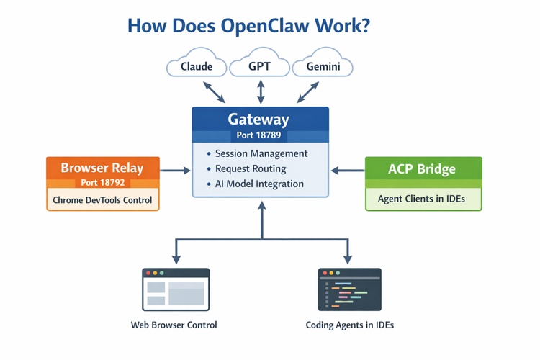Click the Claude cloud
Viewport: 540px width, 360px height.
click(x=197, y=66)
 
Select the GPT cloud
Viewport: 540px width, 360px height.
click(x=259, y=66)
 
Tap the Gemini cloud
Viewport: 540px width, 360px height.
click(x=323, y=66)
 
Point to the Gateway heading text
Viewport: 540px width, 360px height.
click(x=258, y=119)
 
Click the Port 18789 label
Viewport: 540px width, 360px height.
click(x=258, y=135)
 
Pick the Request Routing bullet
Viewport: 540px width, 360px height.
click(x=251, y=168)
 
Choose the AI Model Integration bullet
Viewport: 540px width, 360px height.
click(x=259, y=184)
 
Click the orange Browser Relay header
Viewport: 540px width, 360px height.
click(x=102, y=168)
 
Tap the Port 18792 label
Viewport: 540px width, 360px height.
click(x=102, y=183)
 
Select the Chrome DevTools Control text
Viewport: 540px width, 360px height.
click(x=103, y=199)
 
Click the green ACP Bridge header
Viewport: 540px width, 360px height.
click(x=423, y=169)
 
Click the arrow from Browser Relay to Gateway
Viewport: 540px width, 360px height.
click(x=175, y=171)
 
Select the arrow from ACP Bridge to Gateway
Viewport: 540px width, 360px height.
click(x=348, y=171)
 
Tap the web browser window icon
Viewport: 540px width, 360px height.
click(x=176, y=289)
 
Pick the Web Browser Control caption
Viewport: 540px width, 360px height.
click(x=174, y=325)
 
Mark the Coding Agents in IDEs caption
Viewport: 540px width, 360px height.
click(x=349, y=325)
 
